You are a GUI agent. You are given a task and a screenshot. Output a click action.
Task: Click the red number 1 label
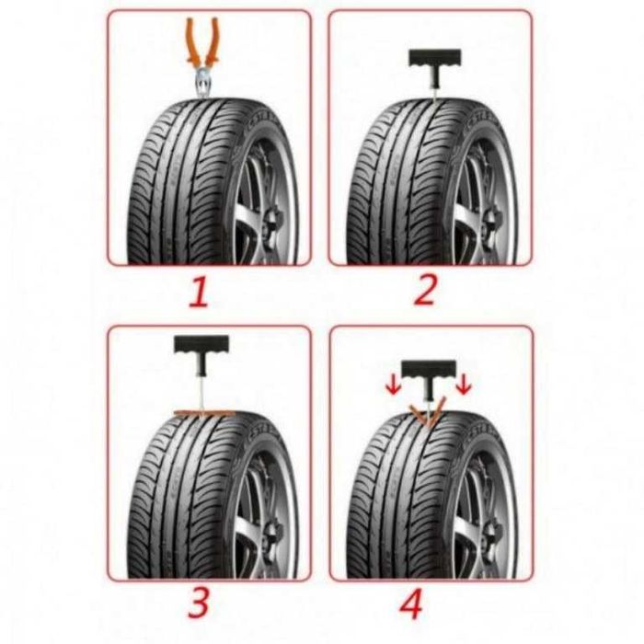(x=200, y=292)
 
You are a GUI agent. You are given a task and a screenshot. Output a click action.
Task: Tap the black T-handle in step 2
(x=435, y=65)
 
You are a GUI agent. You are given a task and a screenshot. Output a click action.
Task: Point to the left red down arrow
(x=393, y=387)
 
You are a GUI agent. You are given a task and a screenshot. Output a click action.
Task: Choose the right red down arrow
(x=464, y=385)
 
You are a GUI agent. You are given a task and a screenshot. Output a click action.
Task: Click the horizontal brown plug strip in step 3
(x=203, y=412)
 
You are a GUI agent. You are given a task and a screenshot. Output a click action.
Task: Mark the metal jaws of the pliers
(x=203, y=84)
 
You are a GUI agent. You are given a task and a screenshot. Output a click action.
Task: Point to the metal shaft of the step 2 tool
(x=435, y=93)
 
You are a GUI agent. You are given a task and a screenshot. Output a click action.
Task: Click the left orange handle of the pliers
(x=191, y=42)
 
